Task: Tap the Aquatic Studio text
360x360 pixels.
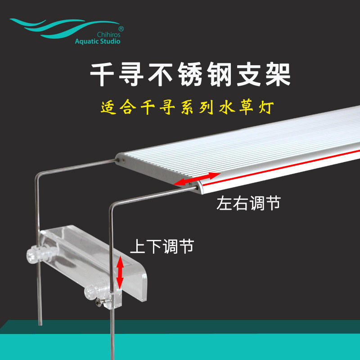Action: (98, 41)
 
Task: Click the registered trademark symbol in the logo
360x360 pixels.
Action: (121, 28)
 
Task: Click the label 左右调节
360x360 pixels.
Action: (248, 203)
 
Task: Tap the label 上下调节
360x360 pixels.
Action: (162, 246)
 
